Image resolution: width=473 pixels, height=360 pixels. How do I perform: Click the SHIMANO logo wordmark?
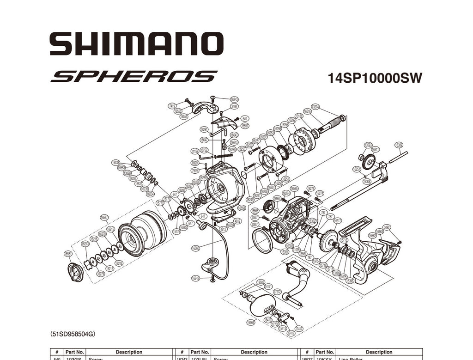coord(137,44)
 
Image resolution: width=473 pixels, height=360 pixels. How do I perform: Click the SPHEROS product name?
coord(134,76)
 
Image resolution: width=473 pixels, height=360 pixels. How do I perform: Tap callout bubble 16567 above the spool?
coord(104,217)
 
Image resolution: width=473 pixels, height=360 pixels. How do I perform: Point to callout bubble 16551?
coord(68,254)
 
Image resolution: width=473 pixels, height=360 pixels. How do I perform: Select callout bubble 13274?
coord(315,107)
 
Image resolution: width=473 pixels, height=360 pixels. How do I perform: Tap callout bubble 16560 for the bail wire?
coord(196,248)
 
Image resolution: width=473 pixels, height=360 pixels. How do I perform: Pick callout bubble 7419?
coord(172,106)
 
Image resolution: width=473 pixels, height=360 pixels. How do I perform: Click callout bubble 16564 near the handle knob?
coord(251,322)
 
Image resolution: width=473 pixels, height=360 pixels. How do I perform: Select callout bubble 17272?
coord(277,292)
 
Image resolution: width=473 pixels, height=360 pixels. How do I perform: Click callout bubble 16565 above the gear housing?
coord(294,188)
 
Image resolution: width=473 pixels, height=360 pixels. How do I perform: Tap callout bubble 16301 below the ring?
coord(285,252)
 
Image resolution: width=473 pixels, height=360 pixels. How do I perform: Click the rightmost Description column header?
coord(379,352)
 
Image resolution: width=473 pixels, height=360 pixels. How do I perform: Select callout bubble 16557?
coord(245,125)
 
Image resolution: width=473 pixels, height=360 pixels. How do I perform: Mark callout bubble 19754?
coord(316,261)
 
